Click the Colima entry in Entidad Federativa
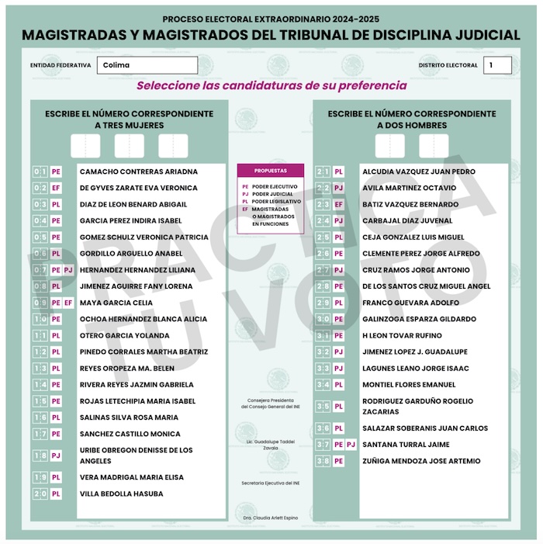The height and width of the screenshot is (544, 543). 147,65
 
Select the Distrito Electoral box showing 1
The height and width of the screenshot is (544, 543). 496,65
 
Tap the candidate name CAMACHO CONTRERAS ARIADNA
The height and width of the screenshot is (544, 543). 138,172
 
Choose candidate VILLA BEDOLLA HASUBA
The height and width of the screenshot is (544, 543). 122,494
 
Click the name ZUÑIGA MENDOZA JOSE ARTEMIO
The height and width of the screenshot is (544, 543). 421,461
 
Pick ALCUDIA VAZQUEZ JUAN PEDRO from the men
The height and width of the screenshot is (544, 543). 419,172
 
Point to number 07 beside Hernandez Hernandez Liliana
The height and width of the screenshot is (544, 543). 40,270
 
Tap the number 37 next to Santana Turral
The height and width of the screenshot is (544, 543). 323,445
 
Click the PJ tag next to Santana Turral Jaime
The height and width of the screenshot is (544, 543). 351,445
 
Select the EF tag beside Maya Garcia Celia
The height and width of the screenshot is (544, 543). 68,303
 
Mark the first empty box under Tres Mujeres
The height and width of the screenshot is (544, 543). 85,146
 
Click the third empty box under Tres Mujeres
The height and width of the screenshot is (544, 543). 173,146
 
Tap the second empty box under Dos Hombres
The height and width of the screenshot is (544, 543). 434,146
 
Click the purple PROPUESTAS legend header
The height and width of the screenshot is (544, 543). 270,170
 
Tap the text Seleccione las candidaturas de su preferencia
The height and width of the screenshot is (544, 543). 271,85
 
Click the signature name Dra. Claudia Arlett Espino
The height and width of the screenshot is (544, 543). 270,516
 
